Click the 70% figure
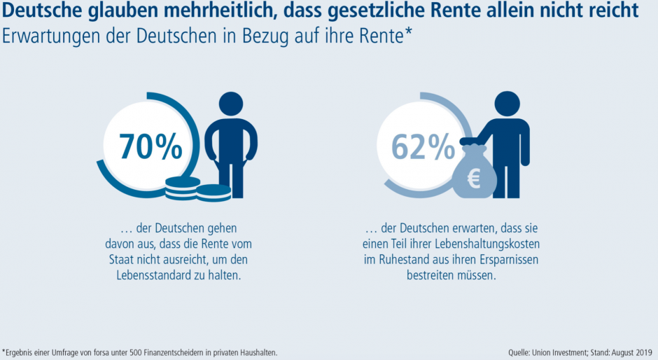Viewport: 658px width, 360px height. pos(150,146)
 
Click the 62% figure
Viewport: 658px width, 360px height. pos(423,146)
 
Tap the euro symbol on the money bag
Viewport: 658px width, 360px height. pos(474,179)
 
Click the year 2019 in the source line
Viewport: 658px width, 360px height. pos(644,352)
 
